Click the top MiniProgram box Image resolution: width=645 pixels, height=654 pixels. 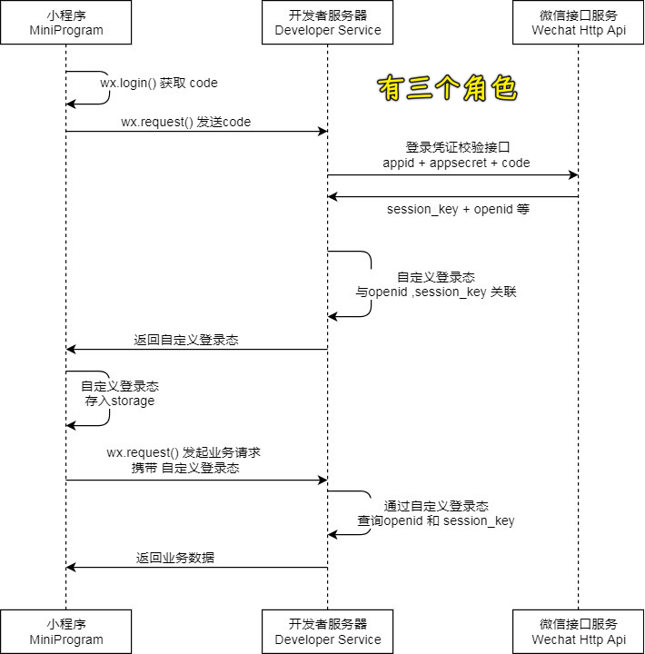[x=65, y=23]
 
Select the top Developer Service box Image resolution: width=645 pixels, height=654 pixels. [x=328, y=23]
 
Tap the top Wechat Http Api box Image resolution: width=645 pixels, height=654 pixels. [x=579, y=23]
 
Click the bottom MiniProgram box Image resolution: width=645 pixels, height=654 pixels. [x=65, y=631]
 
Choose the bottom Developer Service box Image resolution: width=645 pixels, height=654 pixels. [x=328, y=631]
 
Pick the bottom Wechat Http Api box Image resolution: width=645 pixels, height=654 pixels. [x=579, y=631]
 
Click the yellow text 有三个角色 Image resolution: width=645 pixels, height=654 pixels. [x=447, y=88]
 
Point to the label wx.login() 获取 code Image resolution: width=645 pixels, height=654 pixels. [x=159, y=83]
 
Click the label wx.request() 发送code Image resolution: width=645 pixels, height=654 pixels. [x=185, y=122]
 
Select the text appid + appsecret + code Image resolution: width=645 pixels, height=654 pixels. [x=456, y=163]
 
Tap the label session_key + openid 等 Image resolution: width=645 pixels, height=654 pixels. [x=458, y=209]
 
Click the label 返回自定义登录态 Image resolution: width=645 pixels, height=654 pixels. [x=186, y=340]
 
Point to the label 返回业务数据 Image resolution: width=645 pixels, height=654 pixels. [x=175, y=558]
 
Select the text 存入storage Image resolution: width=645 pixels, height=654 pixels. [x=120, y=401]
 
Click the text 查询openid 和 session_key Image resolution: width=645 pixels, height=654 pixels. [x=436, y=520]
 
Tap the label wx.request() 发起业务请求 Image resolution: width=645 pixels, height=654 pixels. [x=184, y=452]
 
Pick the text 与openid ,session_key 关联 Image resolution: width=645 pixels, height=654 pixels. [x=436, y=292]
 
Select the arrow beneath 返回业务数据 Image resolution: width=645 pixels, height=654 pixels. [x=196, y=568]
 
